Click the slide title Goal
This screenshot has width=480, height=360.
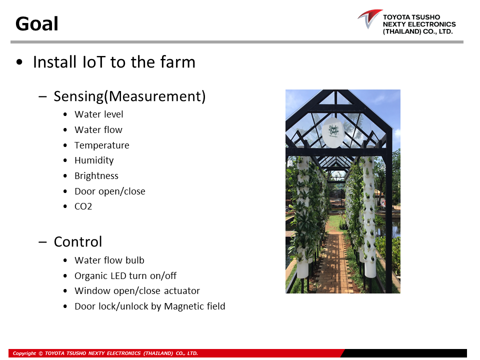[x=36, y=23]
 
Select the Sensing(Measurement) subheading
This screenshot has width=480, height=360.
[x=129, y=96]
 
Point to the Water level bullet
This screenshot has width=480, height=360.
[x=99, y=114]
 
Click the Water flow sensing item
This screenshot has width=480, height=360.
[x=98, y=130]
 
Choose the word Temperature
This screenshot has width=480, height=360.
[x=102, y=145]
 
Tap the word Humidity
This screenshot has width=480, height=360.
[x=94, y=160]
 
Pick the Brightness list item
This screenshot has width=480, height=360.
[x=96, y=175]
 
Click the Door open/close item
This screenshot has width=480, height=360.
[x=110, y=191]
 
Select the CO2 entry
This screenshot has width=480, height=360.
[x=83, y=206]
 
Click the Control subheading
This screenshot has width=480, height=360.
[x=78, y=242]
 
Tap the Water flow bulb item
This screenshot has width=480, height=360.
[x=109, y=260]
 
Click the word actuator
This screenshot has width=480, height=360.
[x=182, y=291]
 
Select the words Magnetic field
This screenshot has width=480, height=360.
[x=194, y=306]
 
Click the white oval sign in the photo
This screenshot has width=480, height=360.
[x=333, y=132]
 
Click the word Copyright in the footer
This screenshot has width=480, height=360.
[x=24, y=353]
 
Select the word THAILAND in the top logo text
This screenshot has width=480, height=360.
[x=401, y=31]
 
